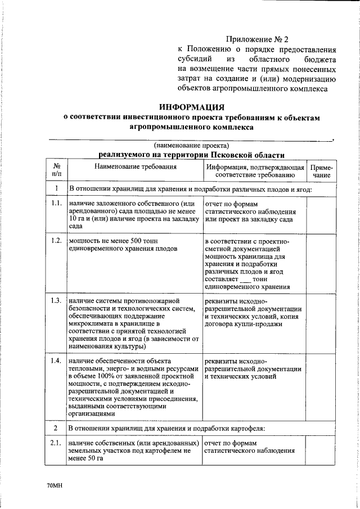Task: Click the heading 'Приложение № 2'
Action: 256,39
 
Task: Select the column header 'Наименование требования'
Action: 135,167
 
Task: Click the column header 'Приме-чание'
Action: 321,171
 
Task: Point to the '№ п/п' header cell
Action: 56,171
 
